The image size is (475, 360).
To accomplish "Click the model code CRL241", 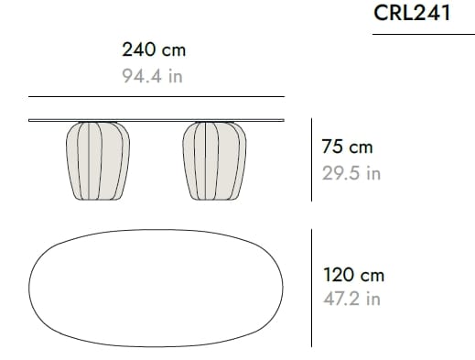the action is [412, 13].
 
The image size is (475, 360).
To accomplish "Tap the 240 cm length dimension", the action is [154, 49].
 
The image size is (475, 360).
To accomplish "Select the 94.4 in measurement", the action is [152, 76].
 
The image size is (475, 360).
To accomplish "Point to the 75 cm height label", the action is [347, 147].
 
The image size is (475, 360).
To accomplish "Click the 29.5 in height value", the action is [351, 173].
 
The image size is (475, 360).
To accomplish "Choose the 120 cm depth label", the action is [353, 275].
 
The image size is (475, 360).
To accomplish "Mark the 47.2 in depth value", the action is [351, 299].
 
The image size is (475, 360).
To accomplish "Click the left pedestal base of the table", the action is [98, 161].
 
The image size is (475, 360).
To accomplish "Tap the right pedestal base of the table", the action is [214, 161].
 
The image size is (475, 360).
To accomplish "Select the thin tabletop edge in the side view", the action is [157, 121].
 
